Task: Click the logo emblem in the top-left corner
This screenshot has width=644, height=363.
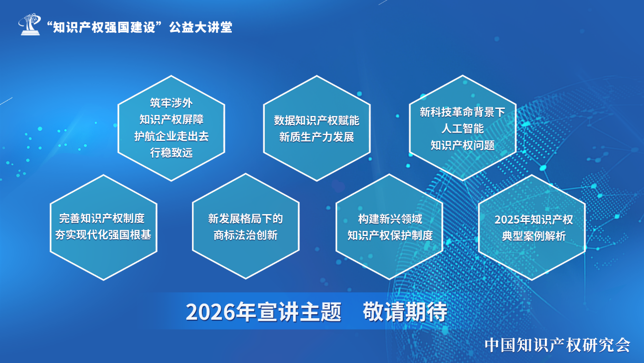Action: pyautogui.click(x=29, y=24)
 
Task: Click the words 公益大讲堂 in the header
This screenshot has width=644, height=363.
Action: pyautogui.click(x=201, y=27)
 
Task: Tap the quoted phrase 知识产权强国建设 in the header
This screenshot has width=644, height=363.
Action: pyautogui.click(x=104, y=27)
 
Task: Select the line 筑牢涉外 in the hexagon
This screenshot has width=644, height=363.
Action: pyautogui.click(x=171, y=103)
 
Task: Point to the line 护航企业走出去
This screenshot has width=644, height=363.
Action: pyautogui.click(x=171, y=136)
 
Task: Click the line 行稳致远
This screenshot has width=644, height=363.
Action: pyautogui.click(x=171, y=153)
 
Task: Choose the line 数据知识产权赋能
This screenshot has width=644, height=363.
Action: pyautogui.click(x=317, y=121)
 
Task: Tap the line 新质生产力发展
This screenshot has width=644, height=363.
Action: pyautogui.click(x=317, y=137)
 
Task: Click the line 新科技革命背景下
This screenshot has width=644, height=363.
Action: pyautogui.click(x=462, y=112)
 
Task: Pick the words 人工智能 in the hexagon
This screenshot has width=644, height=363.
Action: pyautogui.click(x=462, y=128)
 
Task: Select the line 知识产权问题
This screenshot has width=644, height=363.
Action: pyautogui.click(x=462, y=145)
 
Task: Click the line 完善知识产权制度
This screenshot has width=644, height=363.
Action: pyautogui.click(x=102, y=218)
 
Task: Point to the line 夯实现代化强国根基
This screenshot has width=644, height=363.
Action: pyautogui.click(x=103, y=235)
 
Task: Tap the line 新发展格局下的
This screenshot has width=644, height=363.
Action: pyautogui.click(x=246, y=219)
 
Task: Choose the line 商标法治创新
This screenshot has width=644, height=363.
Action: pyautogui.click(x=246, y=235)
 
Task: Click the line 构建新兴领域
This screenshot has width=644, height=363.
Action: pyautogui.click(x=390, y=219)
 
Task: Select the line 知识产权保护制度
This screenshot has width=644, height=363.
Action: pyautogui.click(x=390, y=236)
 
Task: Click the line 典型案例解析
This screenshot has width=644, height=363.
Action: pyautogui.click(x=534, y=237)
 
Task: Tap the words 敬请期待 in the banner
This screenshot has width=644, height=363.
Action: pyautogui.click(x=405, y=312)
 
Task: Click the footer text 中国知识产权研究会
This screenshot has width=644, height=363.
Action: pyautogui.click(x=557, y=345)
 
